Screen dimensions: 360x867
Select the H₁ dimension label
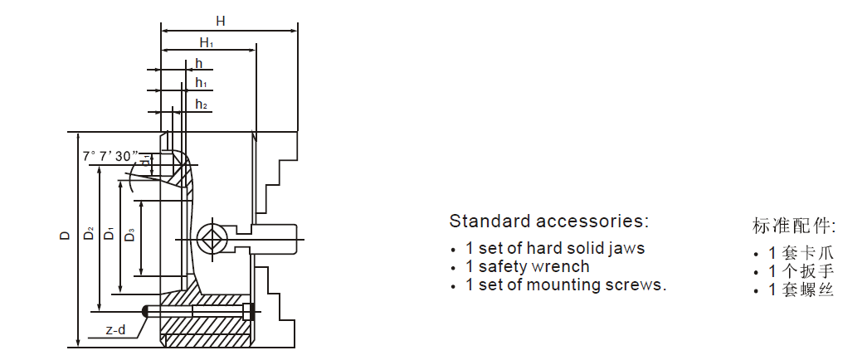pos(207,43)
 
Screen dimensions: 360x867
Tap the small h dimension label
pos(198,63)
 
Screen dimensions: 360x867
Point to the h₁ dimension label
pos(201,83)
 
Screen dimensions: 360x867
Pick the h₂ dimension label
pos(201,104)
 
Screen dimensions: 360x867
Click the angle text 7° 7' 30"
pos(110,156)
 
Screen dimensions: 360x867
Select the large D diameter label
pos(66,236)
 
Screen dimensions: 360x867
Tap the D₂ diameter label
pos(89,235)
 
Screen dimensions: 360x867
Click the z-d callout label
pos(115,330)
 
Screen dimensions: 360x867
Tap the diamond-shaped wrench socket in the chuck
pos(211,236)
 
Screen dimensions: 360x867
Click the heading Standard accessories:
pos(548,221)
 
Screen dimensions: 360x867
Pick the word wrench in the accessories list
pos(562,267)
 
